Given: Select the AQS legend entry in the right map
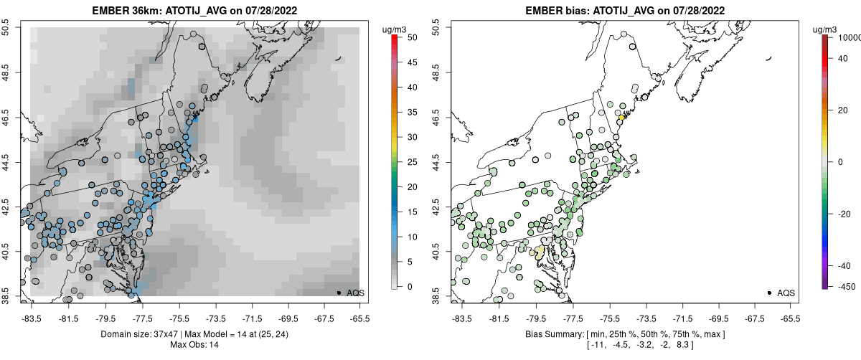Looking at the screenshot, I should tap(786, 293).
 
